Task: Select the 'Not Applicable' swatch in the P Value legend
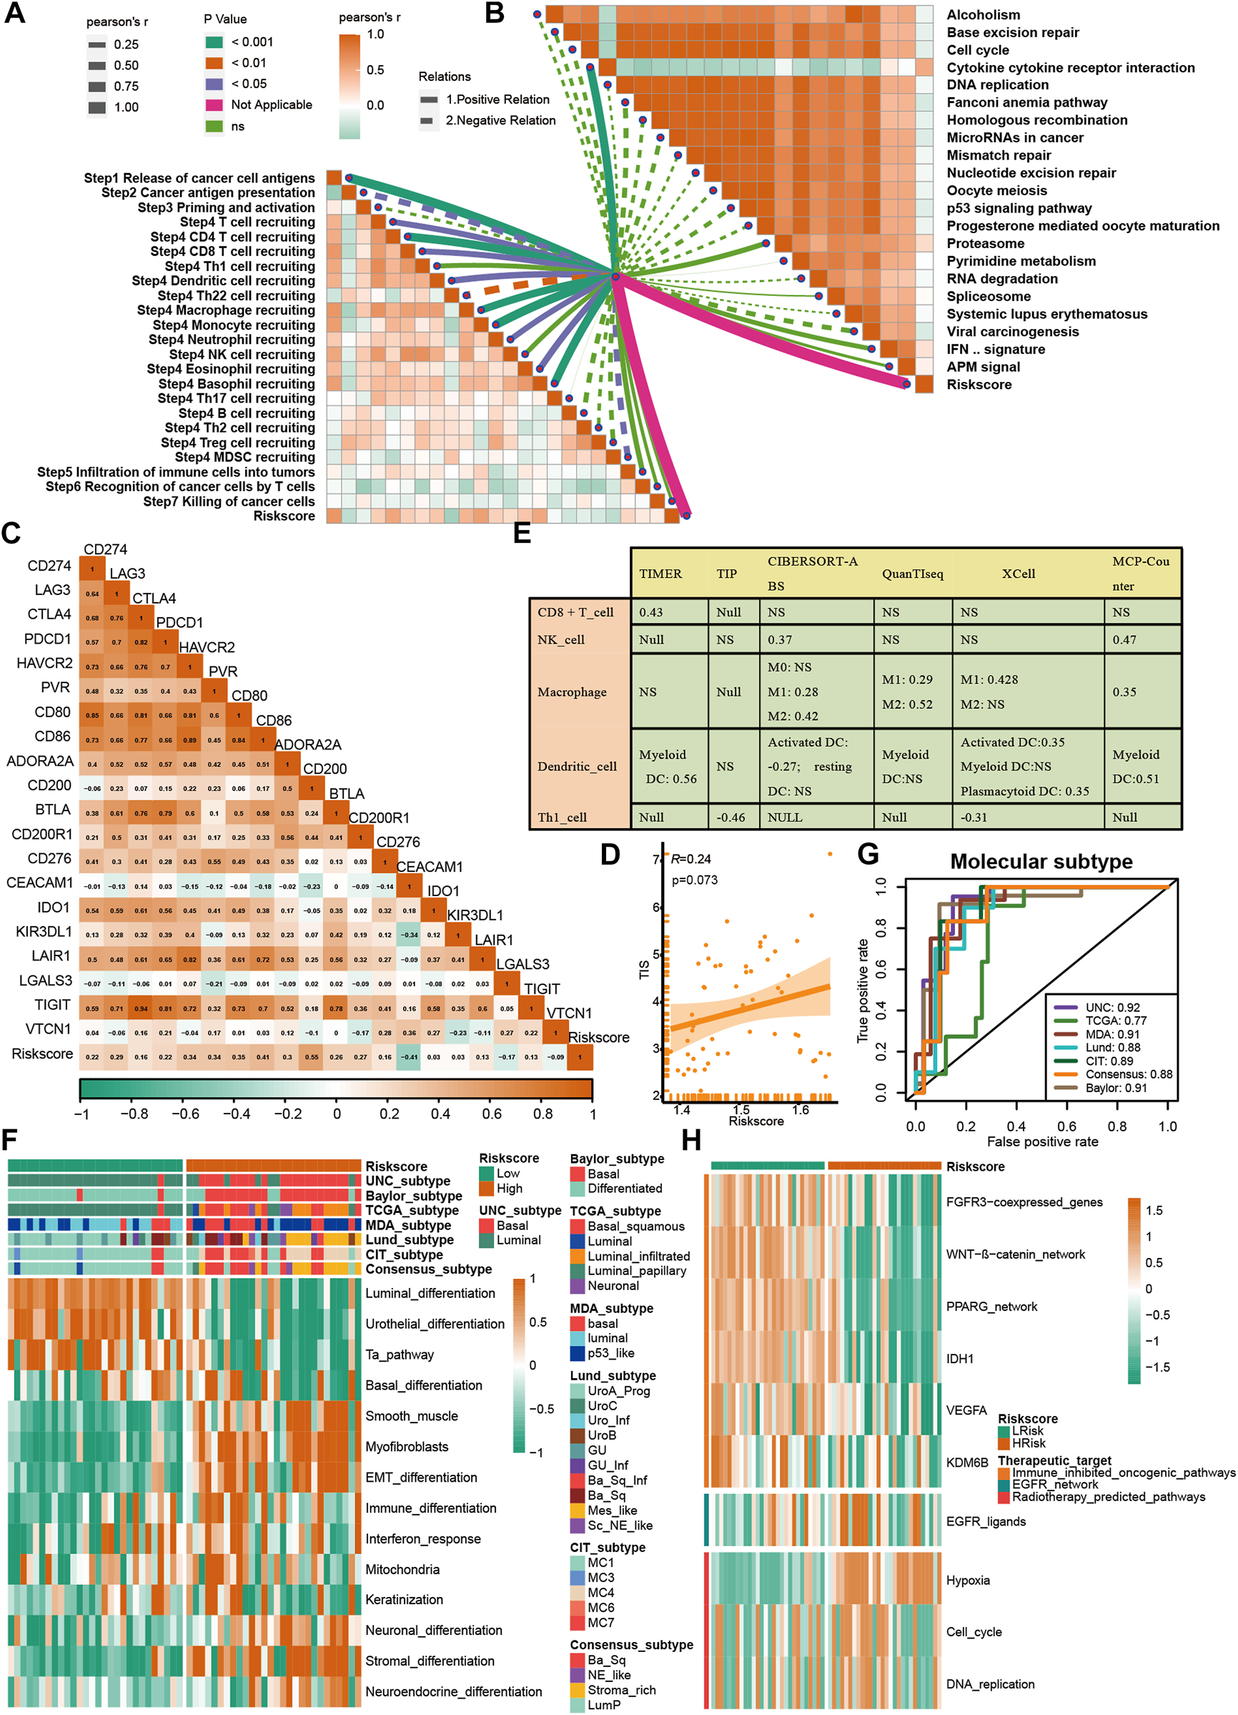click(214, 104)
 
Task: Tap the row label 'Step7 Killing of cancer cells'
click(229, 501)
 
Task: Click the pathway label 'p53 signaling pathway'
click(1019, 208)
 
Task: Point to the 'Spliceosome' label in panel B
click(989, 296)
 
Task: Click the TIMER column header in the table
click(660, 573)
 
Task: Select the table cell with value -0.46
click(729, 817)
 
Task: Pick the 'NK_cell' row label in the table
click(561, 639)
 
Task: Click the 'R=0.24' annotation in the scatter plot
click(690, 859)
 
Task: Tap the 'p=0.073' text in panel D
click(695, 880)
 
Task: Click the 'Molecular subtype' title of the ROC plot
click(1041, 861)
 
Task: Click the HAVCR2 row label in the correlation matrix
click(44, 663)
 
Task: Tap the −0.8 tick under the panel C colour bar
click(134, 1114)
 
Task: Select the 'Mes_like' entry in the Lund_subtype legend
click(612, 1510)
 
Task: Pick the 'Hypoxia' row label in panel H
click(967, 1581)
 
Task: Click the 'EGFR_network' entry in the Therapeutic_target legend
click(1054, 1485)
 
